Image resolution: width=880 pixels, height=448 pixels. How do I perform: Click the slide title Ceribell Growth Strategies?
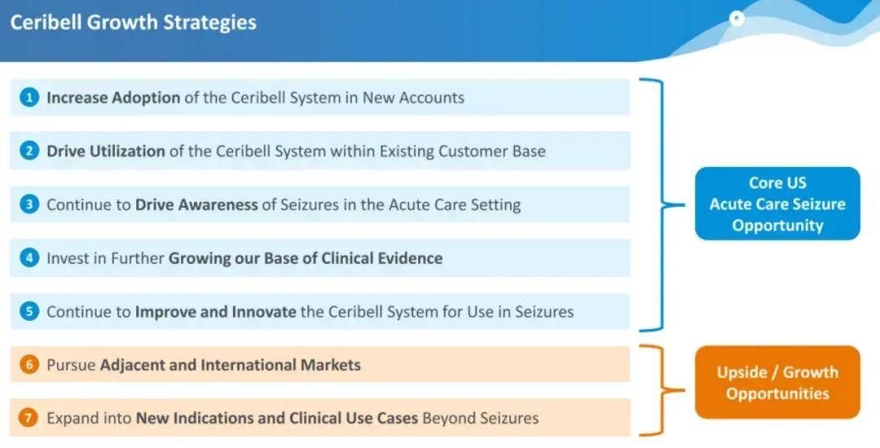134,23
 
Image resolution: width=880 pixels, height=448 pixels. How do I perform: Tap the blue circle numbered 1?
29,98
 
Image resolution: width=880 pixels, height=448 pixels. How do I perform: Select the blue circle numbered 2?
29,151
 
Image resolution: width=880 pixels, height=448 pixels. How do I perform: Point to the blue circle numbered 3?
29,204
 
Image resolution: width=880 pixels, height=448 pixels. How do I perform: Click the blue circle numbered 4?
29,258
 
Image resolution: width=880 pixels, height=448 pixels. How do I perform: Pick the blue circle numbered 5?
29,311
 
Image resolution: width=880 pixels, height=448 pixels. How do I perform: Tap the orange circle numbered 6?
29,365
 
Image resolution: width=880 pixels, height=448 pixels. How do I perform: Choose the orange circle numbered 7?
29,419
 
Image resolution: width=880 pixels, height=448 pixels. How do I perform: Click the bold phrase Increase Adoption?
113,98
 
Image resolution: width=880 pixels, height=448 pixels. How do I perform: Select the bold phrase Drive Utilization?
105,152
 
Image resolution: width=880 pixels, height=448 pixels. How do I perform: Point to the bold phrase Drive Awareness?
196,204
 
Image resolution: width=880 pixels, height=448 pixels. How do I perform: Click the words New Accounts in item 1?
413,98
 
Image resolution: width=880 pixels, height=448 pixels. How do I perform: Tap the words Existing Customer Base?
463,152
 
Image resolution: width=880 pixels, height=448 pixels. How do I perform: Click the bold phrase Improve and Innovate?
215,312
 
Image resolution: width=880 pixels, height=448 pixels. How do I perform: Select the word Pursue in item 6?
71,365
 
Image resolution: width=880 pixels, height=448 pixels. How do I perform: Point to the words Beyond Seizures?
481,419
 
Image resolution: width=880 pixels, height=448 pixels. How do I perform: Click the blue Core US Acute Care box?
777,204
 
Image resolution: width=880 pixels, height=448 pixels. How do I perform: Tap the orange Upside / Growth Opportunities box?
777,382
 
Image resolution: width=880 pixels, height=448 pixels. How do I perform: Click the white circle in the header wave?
737,19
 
